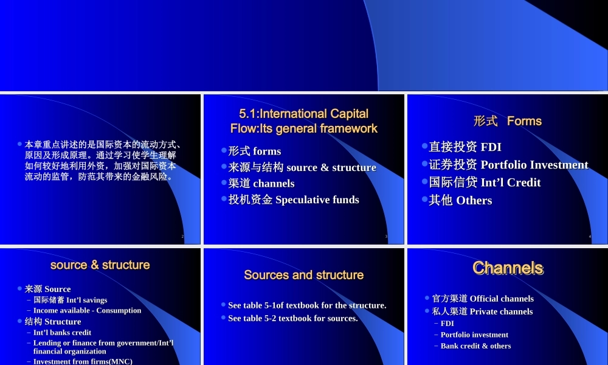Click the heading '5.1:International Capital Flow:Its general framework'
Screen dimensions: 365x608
[x=303, y=121]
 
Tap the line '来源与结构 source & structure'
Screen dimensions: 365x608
[x=302, y=167]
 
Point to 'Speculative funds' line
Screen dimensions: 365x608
[x=293, y=200]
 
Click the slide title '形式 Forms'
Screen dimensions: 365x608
[x=507, y=121]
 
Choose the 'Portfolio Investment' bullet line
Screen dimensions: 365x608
[x=508, y=165]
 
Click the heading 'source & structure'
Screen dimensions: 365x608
[x=100, y=265]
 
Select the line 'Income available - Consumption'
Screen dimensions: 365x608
[x=87, y=310]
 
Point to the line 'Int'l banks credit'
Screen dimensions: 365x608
[x=62, y=333]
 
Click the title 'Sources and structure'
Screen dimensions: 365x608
[x=303, y=275]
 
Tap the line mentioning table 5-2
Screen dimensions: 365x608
[x=292, y=318]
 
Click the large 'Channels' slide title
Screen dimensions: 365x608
[x=508, y=268]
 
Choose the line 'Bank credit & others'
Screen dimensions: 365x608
[x=475, y=346]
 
